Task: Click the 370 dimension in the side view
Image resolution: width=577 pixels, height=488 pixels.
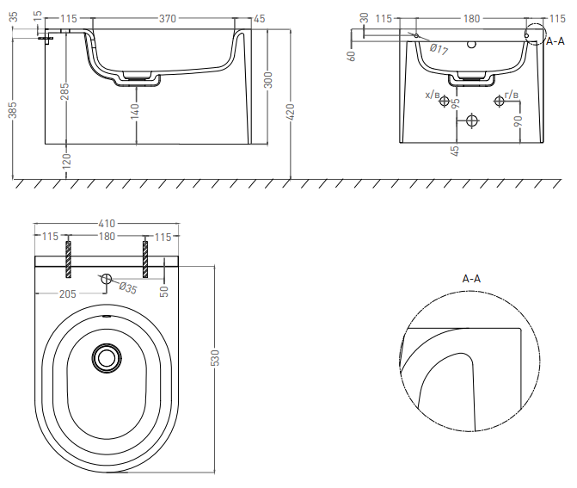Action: [x=168, y=18]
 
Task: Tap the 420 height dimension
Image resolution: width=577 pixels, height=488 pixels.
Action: [x=291, y=112]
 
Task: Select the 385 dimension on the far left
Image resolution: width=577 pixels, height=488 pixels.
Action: [x=13, y=110]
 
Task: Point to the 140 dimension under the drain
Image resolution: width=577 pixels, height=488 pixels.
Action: [x=135, y=111]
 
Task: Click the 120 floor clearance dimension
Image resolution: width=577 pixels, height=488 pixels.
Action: [x=66, y=161]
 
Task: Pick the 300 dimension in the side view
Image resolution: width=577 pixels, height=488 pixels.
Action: [x=268, y=80]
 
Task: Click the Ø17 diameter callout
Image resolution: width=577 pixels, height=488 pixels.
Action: [x=439, y=49]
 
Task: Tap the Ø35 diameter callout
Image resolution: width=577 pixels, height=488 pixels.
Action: [x=128, y=288]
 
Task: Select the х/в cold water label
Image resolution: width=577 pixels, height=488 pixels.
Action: [x=433, y=95]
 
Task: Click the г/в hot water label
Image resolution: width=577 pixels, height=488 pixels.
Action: [x=512, y=95]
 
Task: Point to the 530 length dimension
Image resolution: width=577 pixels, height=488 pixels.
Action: [x=215, y=358]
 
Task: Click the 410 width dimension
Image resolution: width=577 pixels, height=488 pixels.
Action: [x=107, y=224]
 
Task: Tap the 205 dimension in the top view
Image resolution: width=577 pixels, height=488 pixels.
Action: [x=68, y=293]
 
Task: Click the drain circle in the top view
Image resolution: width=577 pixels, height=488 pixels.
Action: [x=107, y=358]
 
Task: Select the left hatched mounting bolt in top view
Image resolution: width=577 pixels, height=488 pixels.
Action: [x=69, y=259]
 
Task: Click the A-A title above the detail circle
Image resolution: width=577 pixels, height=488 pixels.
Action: [x=471, y=279]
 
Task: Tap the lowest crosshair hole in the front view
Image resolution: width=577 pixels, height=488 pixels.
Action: [x=472, y=120]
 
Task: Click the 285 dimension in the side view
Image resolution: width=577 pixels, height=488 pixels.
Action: [x=64, y=92]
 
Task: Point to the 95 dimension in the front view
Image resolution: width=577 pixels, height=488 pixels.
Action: [x=455, y=103]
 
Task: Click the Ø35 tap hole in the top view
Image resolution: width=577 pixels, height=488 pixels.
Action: [x=107, y=279]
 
